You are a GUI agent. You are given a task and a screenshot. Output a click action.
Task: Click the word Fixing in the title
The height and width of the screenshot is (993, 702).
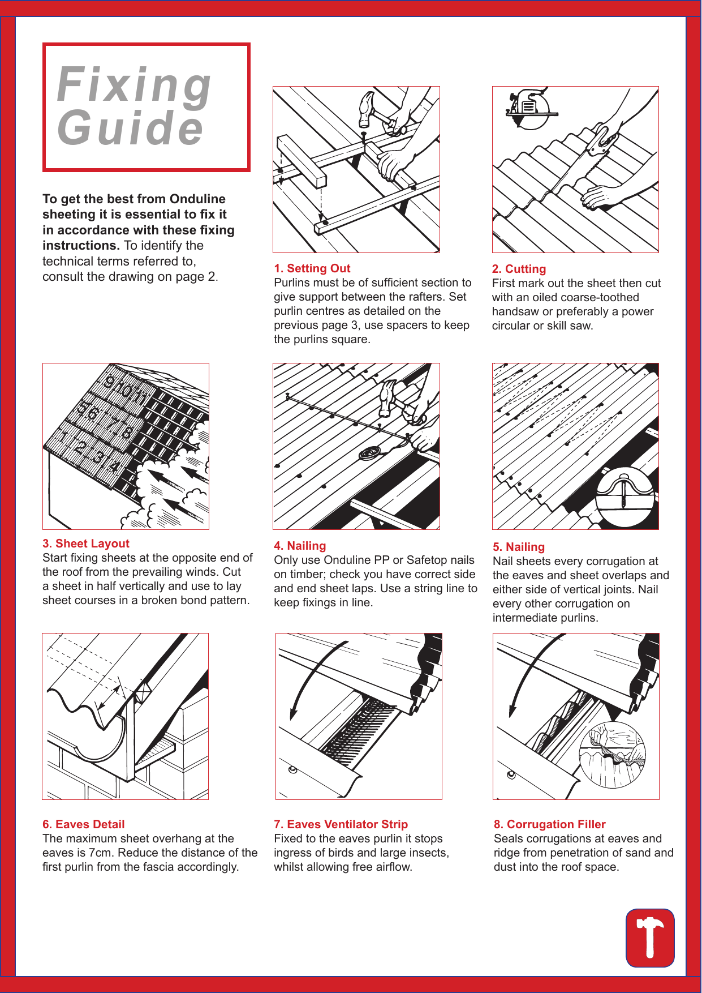click(x=135, y=85)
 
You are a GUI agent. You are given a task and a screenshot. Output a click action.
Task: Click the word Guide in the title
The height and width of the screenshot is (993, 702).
click(x=130, y=128)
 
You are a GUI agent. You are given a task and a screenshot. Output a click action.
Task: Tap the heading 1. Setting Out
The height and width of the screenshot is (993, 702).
click(x=312, y=268)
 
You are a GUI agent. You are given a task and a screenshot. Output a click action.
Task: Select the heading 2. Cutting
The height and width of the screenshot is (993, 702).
click(x=519, y=269)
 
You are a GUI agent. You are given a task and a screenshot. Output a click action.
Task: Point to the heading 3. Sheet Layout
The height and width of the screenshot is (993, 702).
click(x=86, y=543)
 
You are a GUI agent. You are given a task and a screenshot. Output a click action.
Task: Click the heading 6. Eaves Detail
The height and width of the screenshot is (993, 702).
click(x=84, y=824)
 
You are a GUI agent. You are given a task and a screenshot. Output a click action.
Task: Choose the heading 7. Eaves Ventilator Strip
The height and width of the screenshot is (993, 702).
click(x=341, y=824)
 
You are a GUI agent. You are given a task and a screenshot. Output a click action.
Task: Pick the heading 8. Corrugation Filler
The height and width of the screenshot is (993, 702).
click(x=549, y=824)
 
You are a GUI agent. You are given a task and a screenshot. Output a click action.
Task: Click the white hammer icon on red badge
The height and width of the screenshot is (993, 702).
click(x=650, y=938)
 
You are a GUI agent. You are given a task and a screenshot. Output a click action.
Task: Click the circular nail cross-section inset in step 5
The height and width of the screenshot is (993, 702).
click(x=625, y=497)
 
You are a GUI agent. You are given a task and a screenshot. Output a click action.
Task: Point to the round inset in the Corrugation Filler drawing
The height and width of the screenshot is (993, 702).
click(x=612, y=755)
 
